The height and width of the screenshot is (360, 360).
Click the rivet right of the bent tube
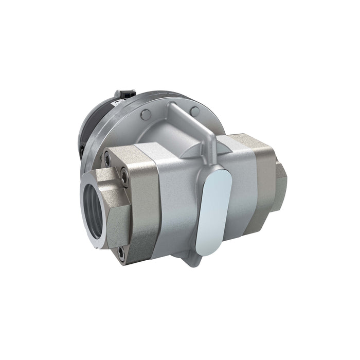coord(194,110)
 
